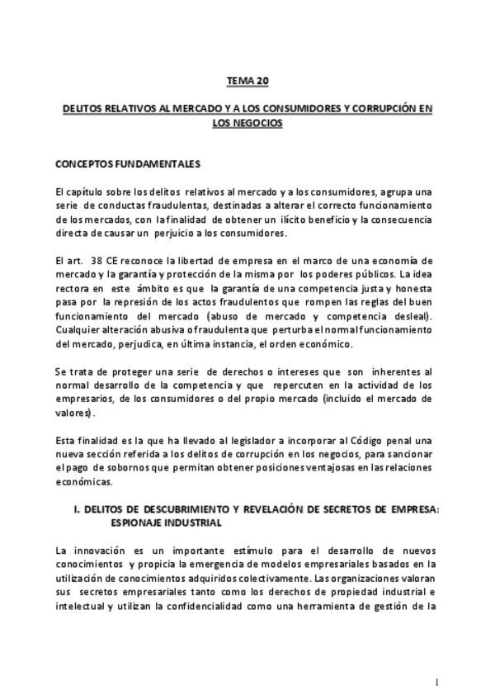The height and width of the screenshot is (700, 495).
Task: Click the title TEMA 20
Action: [x=247, y=82]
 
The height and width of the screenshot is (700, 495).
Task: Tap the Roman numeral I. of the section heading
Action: [x=77, y=509]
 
